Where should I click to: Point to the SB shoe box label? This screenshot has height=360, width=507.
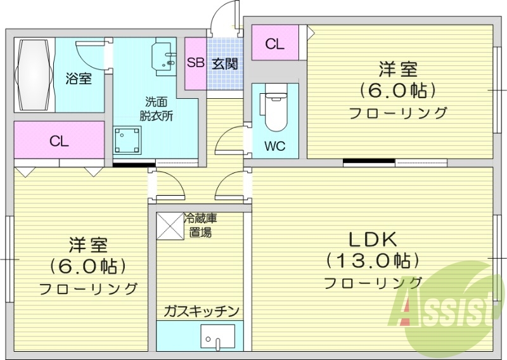tap(195, 63)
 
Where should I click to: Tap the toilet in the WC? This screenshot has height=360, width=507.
tap(274, 112)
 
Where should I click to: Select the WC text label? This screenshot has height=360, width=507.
tap(274, 146)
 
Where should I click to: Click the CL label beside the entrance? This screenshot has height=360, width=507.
tap(274, 44)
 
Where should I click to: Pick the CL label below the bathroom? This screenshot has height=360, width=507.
tap(59, 141)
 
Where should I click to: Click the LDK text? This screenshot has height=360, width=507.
tap(373, 240)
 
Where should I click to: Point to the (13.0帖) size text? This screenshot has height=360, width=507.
tap(373, 260)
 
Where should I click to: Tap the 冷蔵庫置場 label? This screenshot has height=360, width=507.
tap(200, 225)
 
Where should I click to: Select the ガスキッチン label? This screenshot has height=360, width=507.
tap(200, 311)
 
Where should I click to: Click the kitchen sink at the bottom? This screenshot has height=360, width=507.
tap(217, 338)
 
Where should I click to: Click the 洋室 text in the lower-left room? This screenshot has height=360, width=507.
tap(89, 245)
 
